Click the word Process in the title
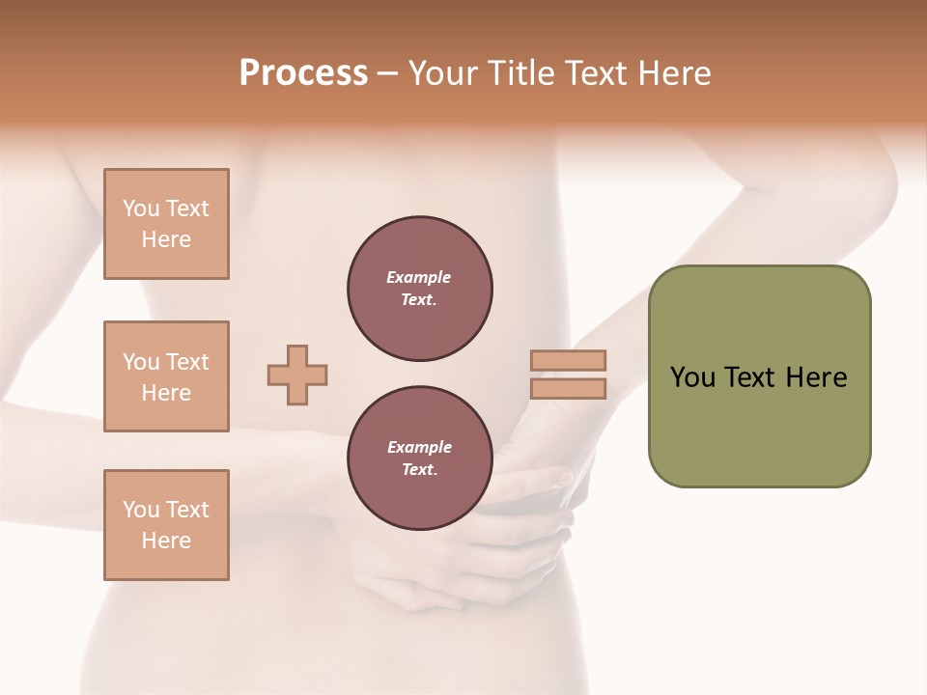coord(303,73)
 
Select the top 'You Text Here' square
coord(166,224)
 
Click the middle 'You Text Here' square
coord(166,376)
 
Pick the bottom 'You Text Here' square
coord(166,525)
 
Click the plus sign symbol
coord(297,375)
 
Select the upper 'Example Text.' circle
coord(419,289)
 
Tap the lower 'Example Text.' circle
coord(419,459)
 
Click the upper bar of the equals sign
coord(568,360)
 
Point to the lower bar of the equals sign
coord(568,389)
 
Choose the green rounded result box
coord(759,376)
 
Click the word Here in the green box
coord(816,377)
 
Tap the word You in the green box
coord(691,377)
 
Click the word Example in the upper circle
coord(419,278)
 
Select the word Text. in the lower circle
coord(419,470)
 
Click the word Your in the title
coord(443,73)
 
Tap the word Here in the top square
coord(166,239)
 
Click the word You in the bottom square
coord(140,510)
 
